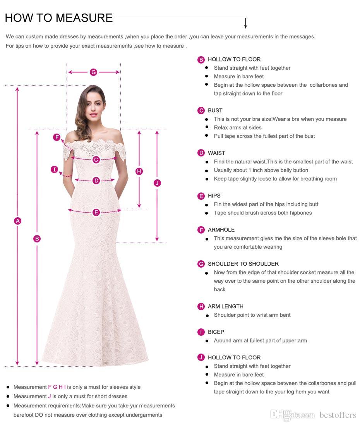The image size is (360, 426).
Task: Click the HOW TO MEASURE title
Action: coord(59,18)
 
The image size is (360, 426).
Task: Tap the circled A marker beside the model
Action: coord(17,221)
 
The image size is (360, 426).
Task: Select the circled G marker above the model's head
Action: coord(93,72)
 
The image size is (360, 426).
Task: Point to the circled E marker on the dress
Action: coord(96,212)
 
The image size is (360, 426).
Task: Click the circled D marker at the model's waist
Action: coord(96,180)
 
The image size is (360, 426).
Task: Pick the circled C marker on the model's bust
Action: coord(96,160)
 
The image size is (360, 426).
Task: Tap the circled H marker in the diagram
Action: coord(139,171)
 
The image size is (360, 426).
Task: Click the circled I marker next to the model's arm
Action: coord(55,169)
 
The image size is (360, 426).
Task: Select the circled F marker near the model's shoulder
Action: coord(57,137)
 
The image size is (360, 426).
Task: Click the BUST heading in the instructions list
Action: coord(215,110)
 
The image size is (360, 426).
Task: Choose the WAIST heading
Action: coord(216,153)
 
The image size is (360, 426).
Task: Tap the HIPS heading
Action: coord(214,196)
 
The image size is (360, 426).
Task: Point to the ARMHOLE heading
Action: coord(221,230)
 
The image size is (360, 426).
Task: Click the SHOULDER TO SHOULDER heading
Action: coord(243,264)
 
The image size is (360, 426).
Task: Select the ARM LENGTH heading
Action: coord(225,306)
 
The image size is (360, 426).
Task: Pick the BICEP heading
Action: coord(216,332)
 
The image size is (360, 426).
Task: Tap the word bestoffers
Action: coord(338,415)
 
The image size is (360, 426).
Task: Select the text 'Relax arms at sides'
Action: coord(238,127)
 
